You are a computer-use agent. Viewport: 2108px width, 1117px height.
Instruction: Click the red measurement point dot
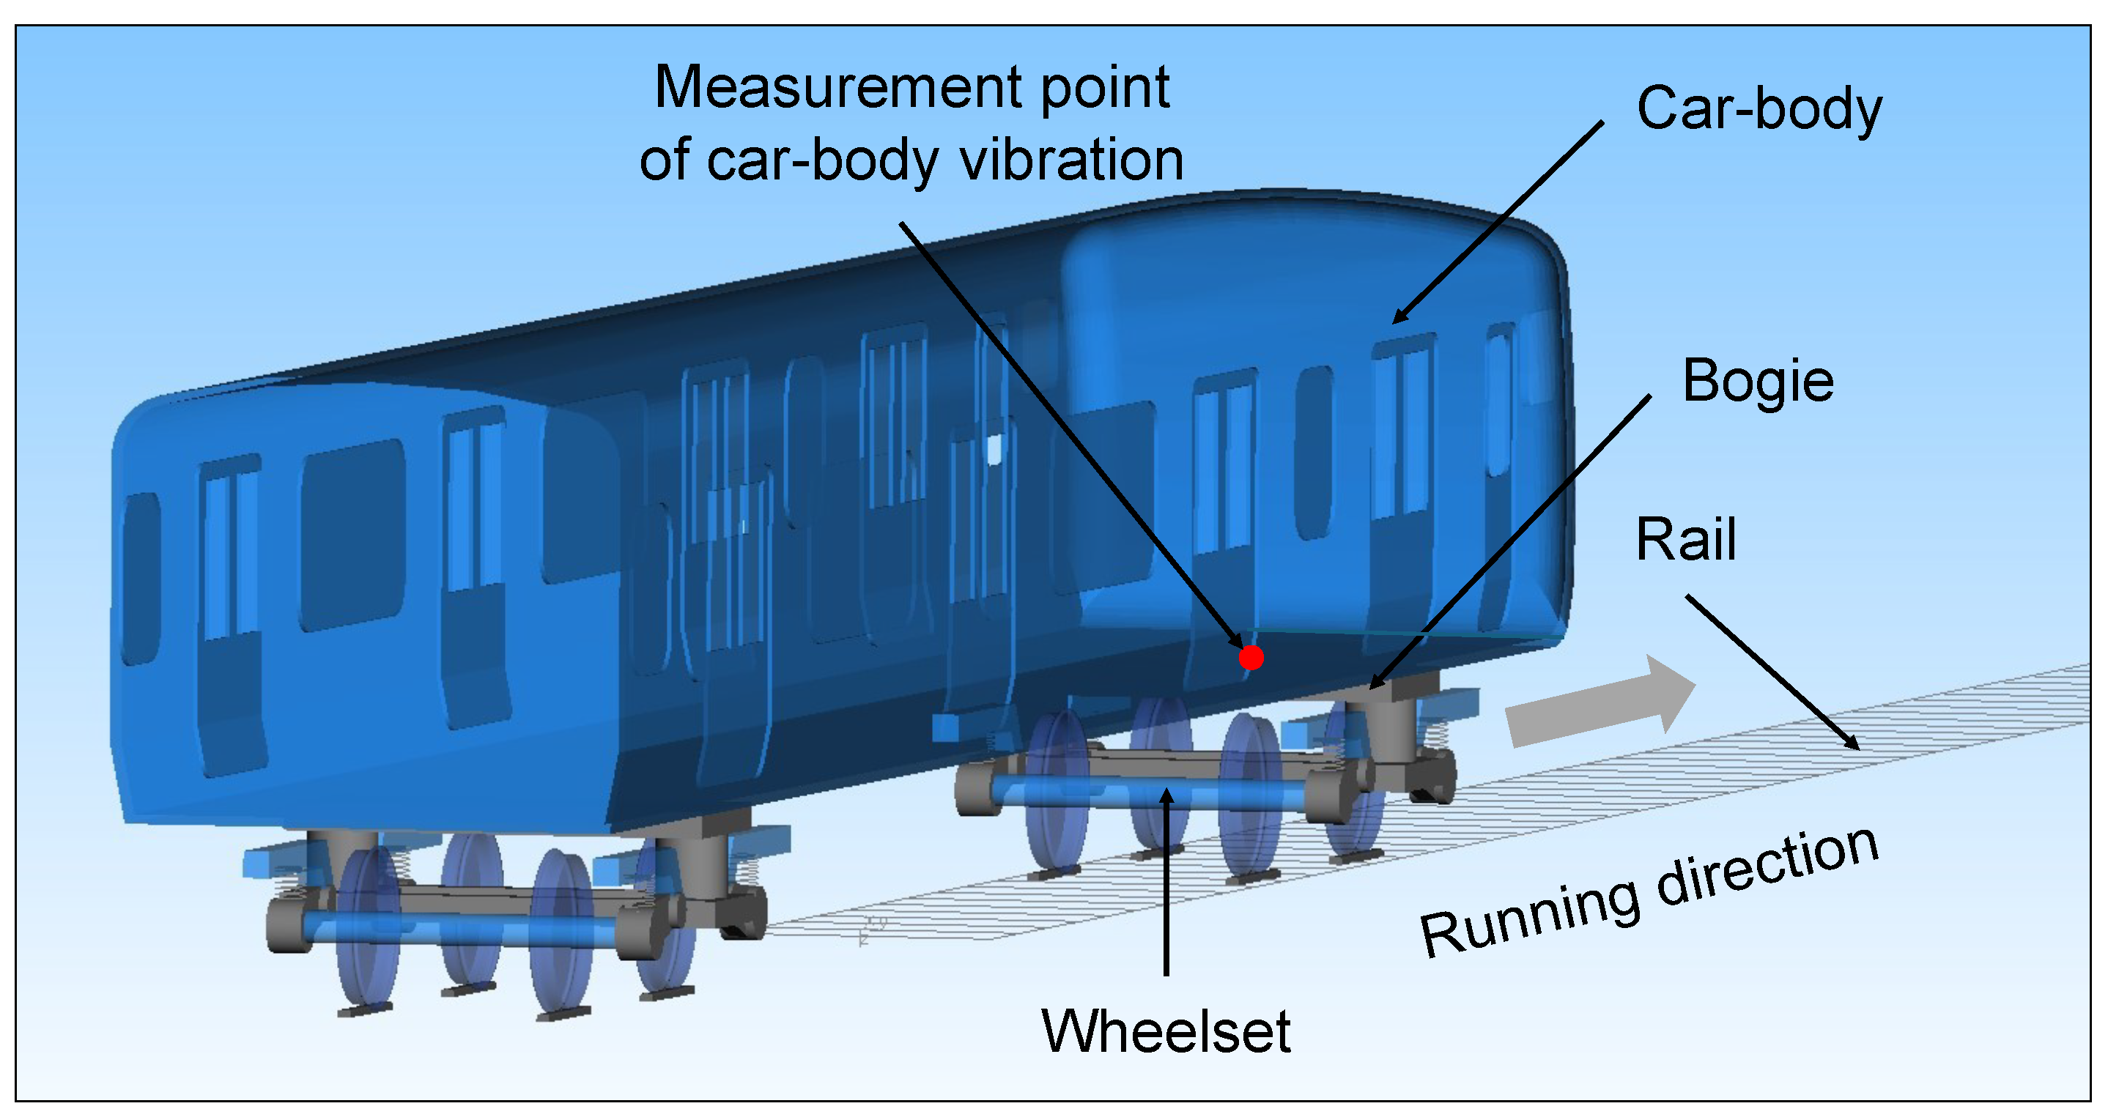click(1251, 657)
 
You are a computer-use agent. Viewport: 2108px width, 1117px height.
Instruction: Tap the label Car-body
click(1758, 109)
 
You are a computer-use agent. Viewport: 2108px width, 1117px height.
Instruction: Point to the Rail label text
click(1686, 540)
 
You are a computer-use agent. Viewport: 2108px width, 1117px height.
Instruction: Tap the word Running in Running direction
click(1528, 916)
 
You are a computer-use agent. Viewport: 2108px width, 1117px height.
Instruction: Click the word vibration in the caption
click(1072, 160)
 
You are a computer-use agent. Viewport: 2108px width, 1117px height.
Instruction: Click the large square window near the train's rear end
click(352, 536)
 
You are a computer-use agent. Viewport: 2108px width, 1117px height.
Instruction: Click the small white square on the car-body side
click(994, 449)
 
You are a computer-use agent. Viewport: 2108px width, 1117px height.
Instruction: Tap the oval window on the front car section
click(1314, 453)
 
